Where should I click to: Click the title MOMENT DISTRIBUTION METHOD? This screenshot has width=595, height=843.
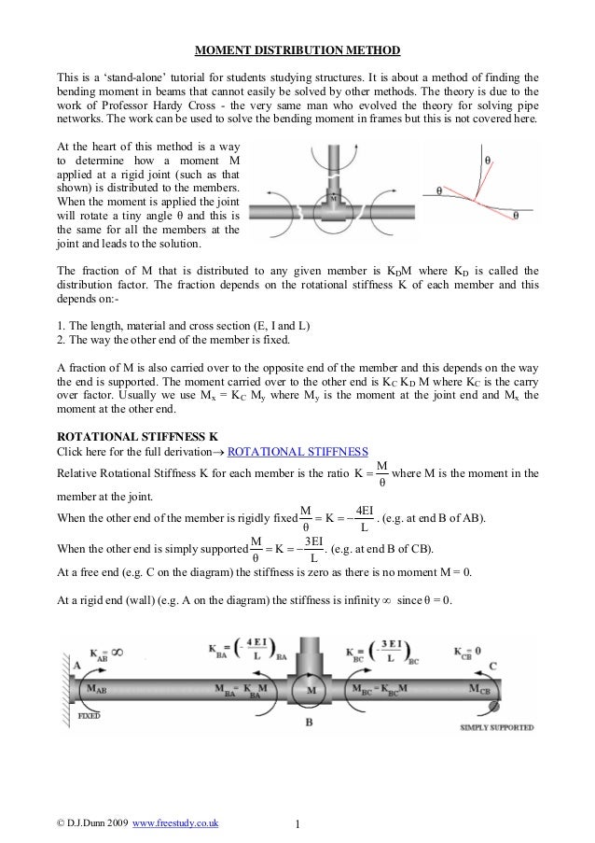(x=297, y=48)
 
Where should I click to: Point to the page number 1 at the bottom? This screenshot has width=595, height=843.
(x=297, y=823)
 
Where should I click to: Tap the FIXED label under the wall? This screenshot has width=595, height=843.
(x=89, y=716)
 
